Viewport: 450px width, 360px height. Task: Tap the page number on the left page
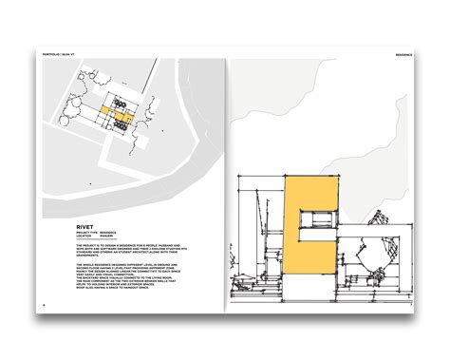(x=45, y=305)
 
